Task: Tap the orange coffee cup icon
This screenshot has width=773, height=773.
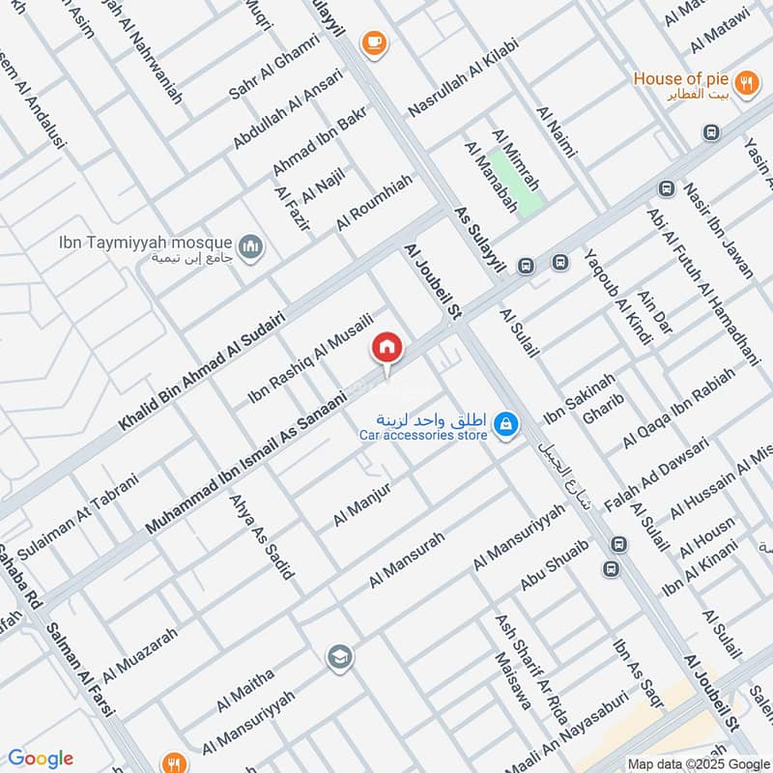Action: point(373,43)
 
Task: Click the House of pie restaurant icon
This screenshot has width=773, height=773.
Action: point(745,83)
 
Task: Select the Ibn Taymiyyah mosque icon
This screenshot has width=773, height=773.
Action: point(252,248)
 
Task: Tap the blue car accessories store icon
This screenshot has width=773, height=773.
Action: point(505,423)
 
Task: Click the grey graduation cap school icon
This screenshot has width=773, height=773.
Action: point(339,658)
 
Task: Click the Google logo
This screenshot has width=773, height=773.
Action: point(40,759)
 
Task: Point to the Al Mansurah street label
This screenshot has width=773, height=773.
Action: point(407,559)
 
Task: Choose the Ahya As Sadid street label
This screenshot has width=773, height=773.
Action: point(260,537)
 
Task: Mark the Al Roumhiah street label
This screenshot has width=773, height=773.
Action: point(375,202)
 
